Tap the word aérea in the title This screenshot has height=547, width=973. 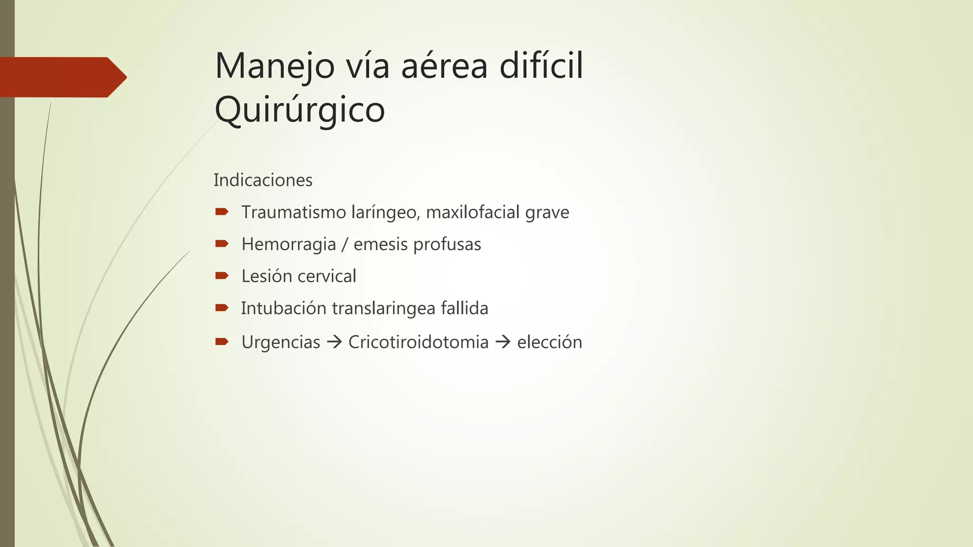pyautogui.click(x=444, y=66)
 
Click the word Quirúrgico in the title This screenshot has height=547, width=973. pyautogui.click(x=300, y=110)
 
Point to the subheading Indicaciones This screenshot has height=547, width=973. pyautogui.click(x=263, y=180)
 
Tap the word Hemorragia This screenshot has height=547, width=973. pyautogui.click(x=288, y=245)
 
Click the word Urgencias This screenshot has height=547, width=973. pyautogui.click(x=281, y=342)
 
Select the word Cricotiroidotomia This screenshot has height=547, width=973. pyautogui.click(x=418, y=342)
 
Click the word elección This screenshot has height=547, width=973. pyautogui.click(x=549, y=342)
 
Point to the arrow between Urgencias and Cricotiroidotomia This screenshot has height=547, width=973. pyautogui.click(x=334, y=342)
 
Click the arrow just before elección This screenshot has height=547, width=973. pyautogui.click(x=503, y=342)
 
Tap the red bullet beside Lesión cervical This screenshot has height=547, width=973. pyautogui.click(x=221, y=276)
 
